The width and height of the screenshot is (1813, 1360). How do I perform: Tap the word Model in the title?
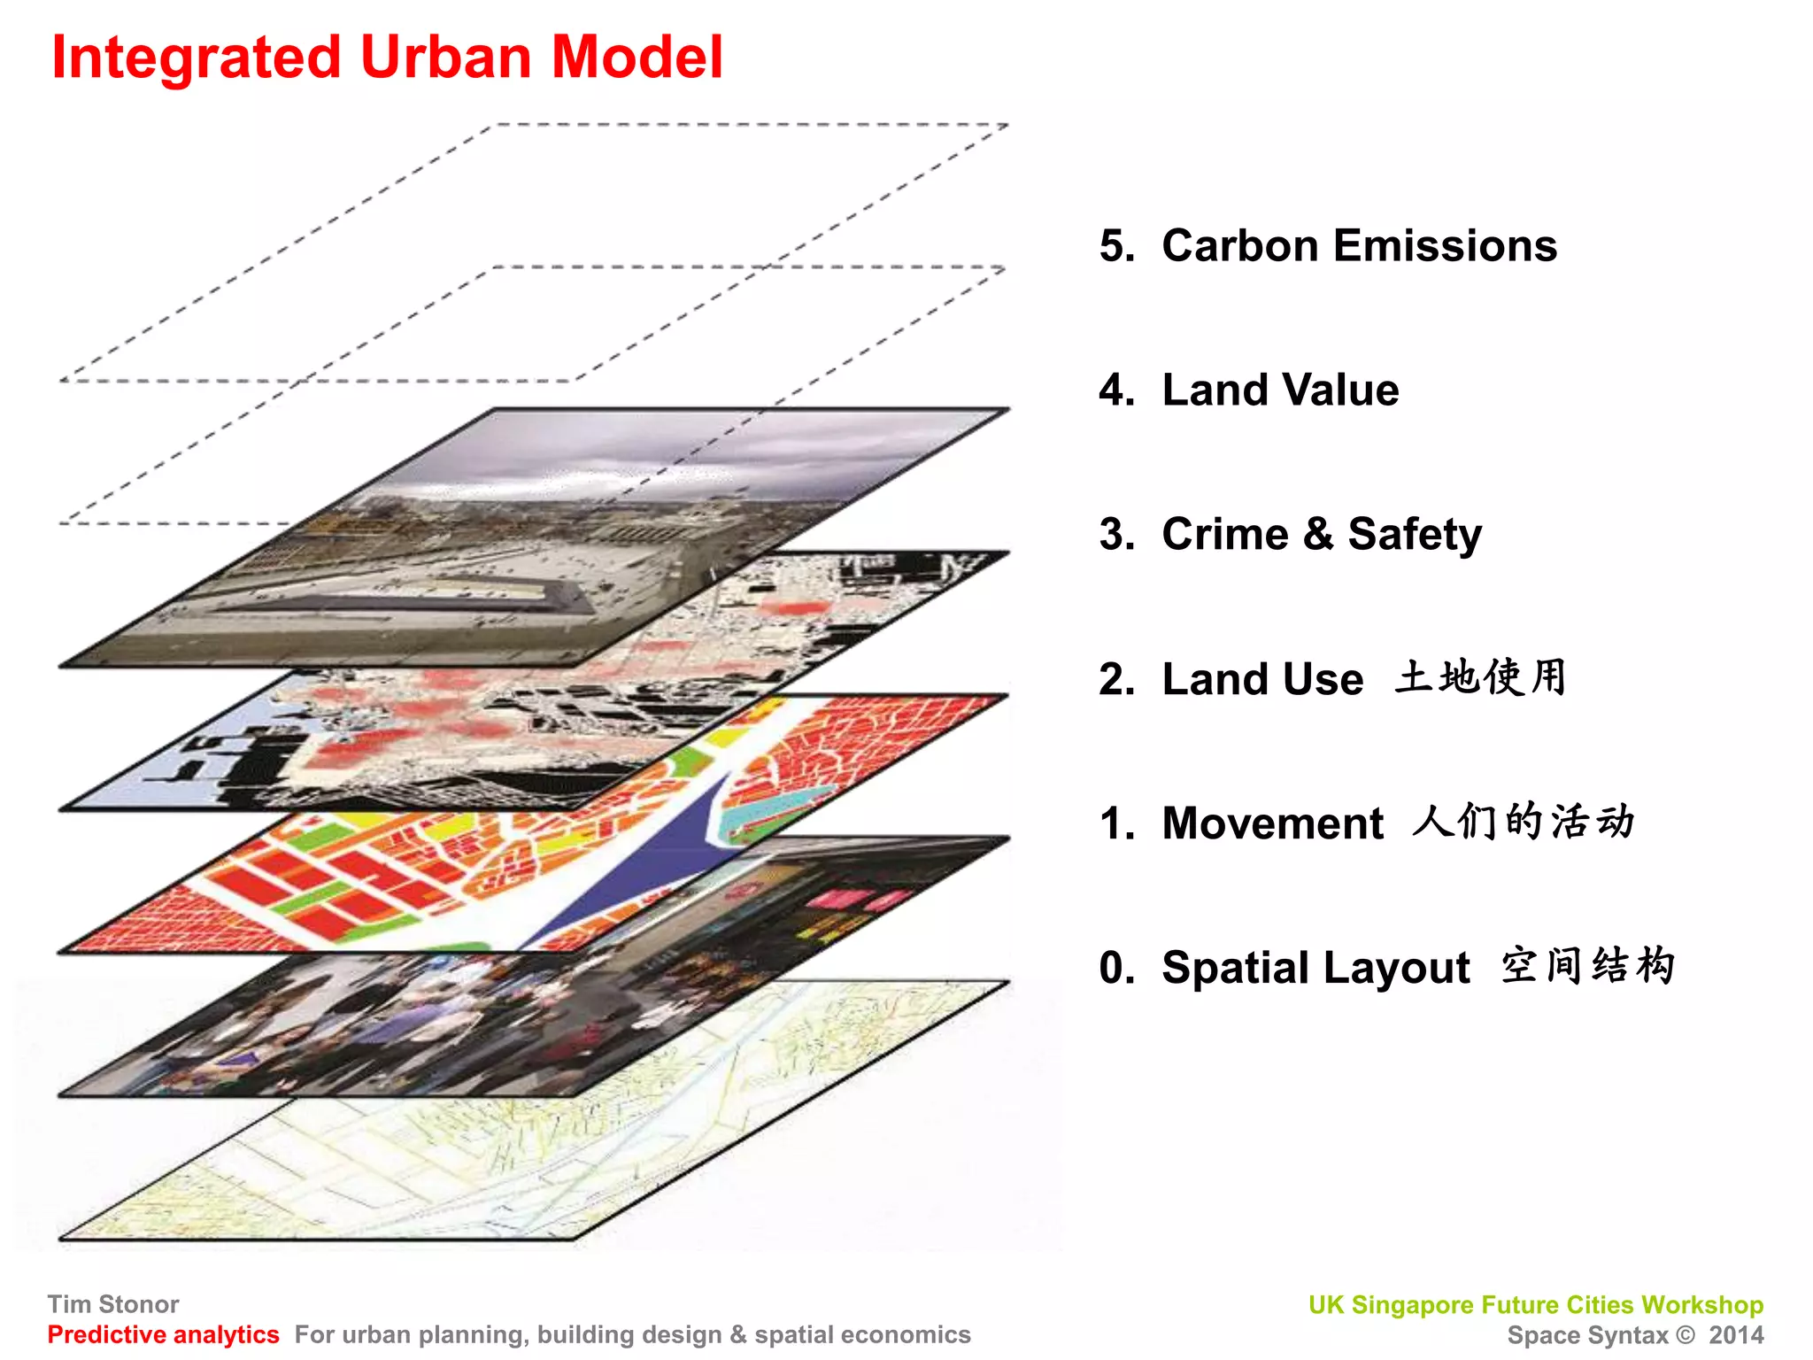[636, 57]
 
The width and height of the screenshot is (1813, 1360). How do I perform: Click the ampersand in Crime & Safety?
[1318, 534]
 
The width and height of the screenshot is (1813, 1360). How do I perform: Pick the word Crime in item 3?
[1225, 534]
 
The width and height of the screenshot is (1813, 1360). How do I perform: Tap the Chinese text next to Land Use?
[1480, 677]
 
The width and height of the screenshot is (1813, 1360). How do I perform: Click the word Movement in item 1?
[1272, 823]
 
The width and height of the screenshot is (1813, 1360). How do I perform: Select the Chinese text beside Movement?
[1523, 821]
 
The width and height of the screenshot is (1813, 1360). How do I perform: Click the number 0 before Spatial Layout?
[1116, 967]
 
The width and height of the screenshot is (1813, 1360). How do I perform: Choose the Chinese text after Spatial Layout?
[1587, 965]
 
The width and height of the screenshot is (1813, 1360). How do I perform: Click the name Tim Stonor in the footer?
[113, 1304]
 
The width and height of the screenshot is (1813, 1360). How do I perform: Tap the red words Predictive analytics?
[163, 1334]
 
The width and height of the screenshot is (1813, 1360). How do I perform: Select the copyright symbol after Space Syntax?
[1686, 1334]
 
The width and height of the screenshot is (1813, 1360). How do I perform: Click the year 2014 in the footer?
[1736, 1334]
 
